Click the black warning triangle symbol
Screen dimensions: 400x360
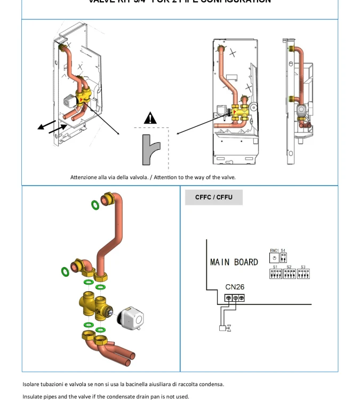pos(151,118)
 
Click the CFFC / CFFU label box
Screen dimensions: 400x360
pos(214,197)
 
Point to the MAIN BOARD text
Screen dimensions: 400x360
pos(234,262)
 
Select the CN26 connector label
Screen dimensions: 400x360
pos(235,287)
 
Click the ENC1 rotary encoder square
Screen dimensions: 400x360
pos(274,258)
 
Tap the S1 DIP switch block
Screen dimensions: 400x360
pos(276,274)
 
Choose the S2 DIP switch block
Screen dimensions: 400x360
pos(290,274)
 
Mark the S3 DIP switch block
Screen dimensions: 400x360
pos(303,274)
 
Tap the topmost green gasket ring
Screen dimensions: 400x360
pos(94,204)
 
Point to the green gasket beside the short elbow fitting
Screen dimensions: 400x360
pos(65,272)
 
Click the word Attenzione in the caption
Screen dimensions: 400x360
pos(84,178)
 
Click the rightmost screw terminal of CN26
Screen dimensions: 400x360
pos(242,298)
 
